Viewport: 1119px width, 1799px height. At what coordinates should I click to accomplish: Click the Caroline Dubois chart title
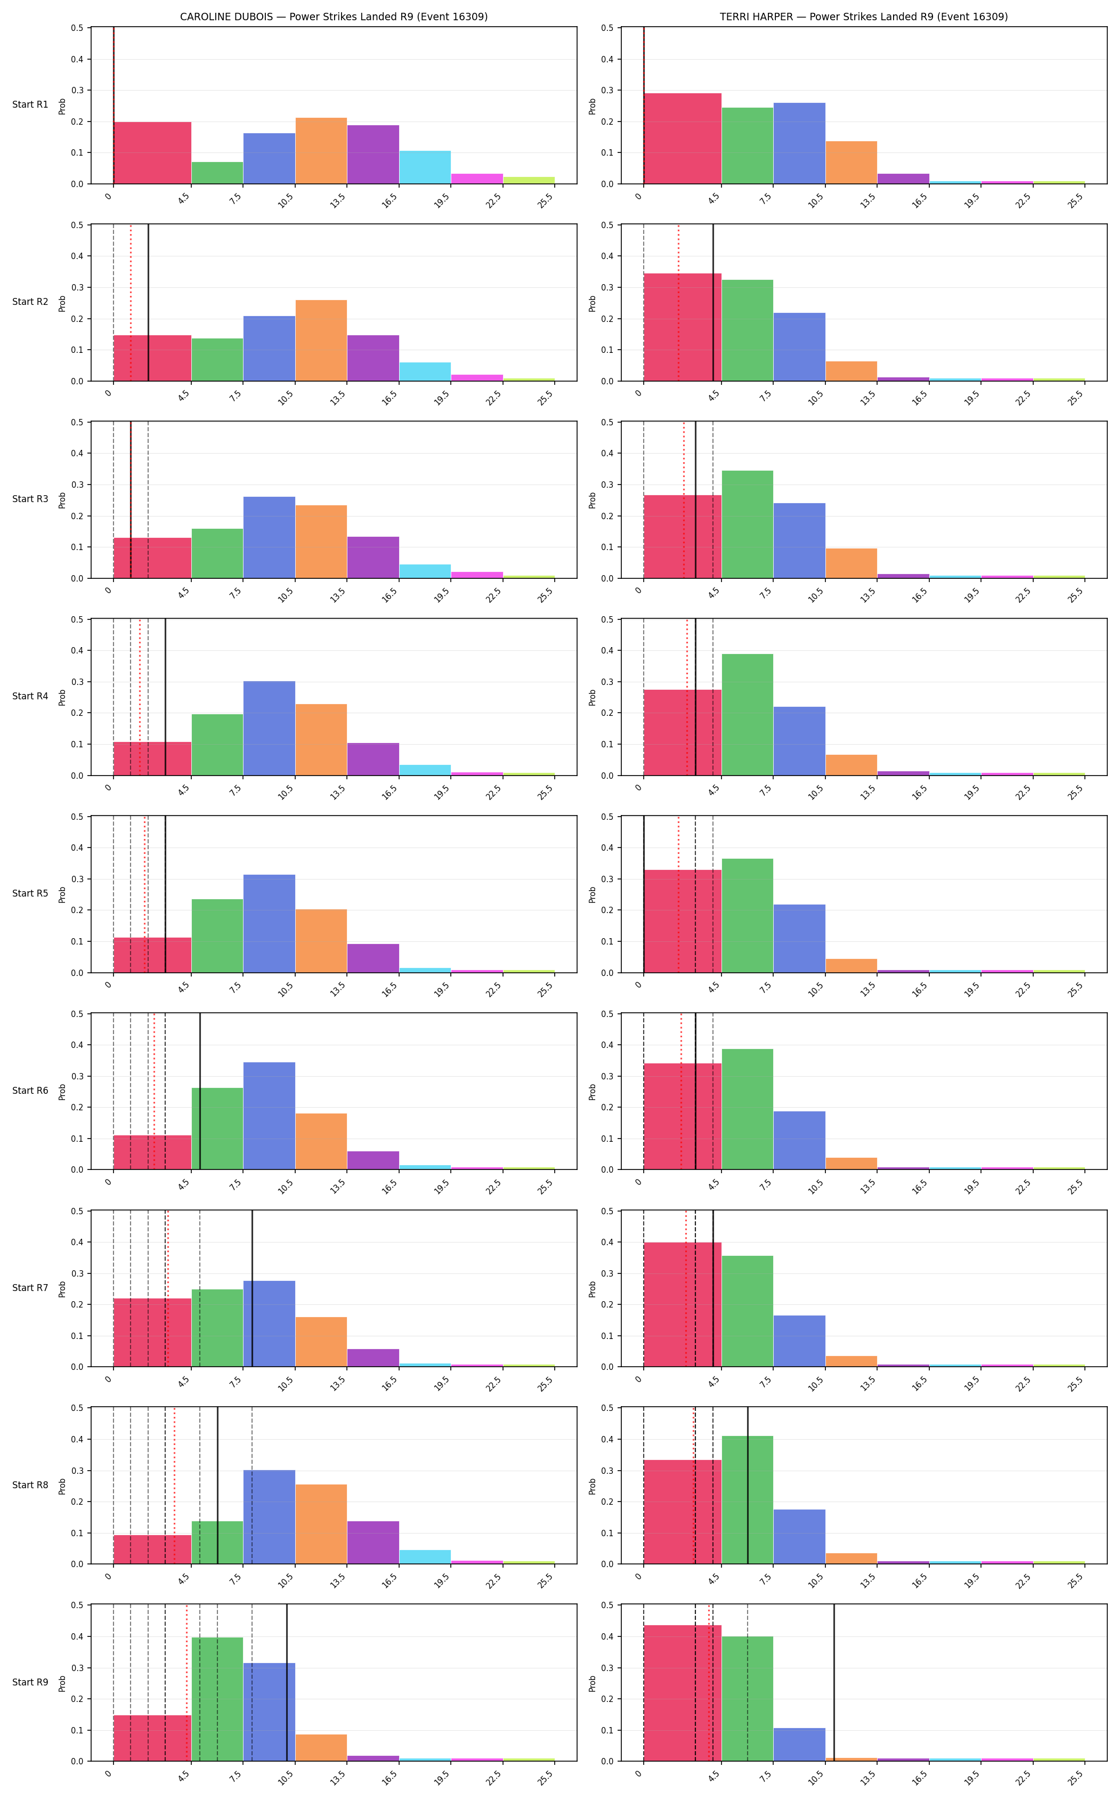pos(334,17)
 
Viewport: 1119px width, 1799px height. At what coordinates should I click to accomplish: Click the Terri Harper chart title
pos(864,17)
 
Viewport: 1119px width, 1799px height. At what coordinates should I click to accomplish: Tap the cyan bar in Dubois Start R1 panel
pos(425,167)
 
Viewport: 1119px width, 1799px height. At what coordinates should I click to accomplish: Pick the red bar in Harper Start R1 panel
pos(683,139)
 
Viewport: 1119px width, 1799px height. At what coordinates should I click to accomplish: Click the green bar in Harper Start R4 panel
pos(748,714)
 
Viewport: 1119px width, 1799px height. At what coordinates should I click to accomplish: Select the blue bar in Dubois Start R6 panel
pos(270,1116)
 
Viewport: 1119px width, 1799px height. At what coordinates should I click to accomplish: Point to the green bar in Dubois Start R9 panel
pos(217,1699)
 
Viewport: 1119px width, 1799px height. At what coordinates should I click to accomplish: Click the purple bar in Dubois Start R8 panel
pos(373,1543)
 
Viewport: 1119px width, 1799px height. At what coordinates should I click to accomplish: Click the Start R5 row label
pos(30,893)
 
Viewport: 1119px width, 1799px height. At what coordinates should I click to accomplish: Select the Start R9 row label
pos(30,1682)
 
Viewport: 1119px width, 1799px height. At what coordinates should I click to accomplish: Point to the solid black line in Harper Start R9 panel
pos(834,1683)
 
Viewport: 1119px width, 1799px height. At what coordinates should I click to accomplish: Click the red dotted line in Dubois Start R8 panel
pos(175,1486)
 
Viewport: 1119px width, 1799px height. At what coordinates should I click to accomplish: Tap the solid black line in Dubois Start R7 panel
pos(253,1289)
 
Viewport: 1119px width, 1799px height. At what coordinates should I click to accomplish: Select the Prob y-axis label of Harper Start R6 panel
pos(593,1092)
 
